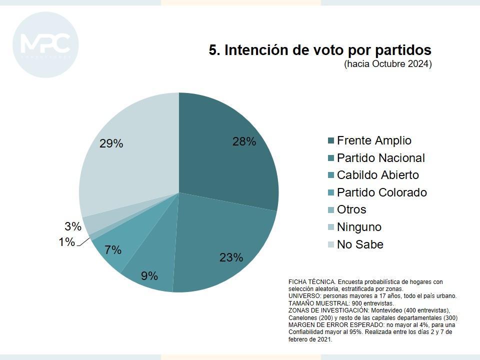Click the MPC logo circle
pyautogui.click(x=45, y=45)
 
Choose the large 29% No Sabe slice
pyautogui.click(x=125, y=160)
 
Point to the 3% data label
pyautogui.click(x=73, y=226)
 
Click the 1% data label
pyautogui.click(x=66, y=242)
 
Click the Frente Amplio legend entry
pyautogui.click(x=373, y=140)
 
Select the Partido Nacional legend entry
pyautogui.click(x=380, y=158)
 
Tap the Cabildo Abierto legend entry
pyautogui.click(x=377, y=175)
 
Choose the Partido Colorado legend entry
pyautogui.click(x=381, y=192)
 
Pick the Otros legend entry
pyautogui.click(x=351, y=209)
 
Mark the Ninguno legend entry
pyautogui.click(x=359, y=227)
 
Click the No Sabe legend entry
pyautogui.click(x=360, y=244)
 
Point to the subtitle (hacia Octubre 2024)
pyautogui.click(x=387, y=64)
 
